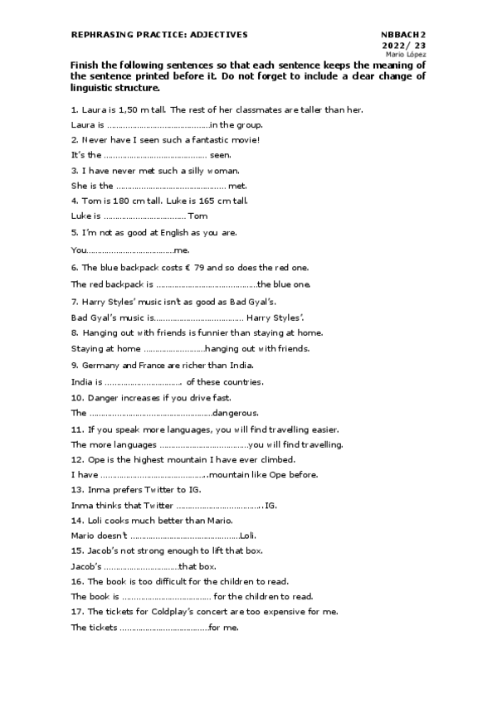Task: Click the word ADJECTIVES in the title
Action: coord(220,35)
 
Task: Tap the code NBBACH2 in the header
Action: coord(403,35)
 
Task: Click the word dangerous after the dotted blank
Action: coord(236,413)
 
